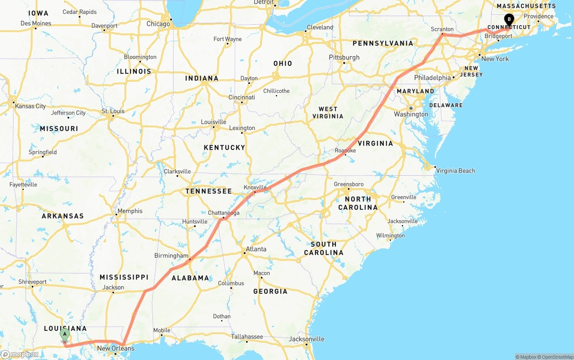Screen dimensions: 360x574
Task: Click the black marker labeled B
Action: coord(509,19)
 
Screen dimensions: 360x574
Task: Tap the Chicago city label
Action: coord(158,24)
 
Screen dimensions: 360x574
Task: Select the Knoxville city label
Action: coord(255,187)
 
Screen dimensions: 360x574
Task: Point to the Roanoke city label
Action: coord(345,151)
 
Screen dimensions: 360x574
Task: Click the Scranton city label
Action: coord(442,29)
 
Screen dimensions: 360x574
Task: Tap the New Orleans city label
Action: coord(116,348)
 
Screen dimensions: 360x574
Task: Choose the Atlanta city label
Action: coord(256,249)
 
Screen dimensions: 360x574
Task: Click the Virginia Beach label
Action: coord(455,171)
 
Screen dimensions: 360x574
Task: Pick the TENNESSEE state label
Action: coord(209,191)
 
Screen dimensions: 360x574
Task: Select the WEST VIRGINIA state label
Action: coord(328,113)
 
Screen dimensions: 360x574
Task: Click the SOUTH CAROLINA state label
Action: coord(323,248)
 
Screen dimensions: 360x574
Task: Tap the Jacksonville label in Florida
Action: coord(306,339)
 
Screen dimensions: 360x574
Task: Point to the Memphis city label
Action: coord(130,211)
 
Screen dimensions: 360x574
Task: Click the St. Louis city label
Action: coord(113,111)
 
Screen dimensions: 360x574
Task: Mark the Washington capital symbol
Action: coord(410,108)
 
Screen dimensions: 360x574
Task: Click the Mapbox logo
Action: coord(20,354)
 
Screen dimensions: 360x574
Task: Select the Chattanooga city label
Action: coord(223,213)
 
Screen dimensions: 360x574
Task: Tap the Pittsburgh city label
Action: coord(344,57)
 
